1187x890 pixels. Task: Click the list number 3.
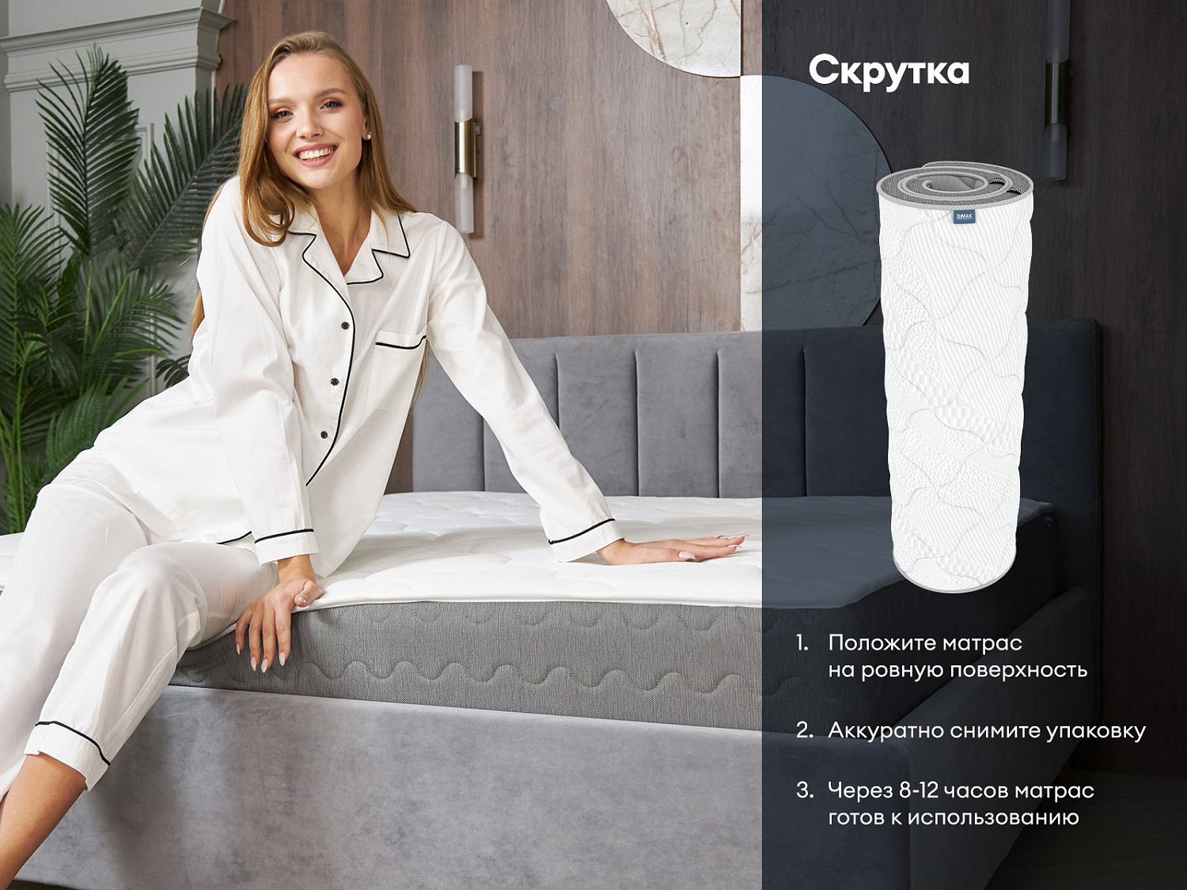pos(806,791)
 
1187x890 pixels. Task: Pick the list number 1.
pos(802,644)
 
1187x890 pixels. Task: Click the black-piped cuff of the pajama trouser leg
pos(72,742)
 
